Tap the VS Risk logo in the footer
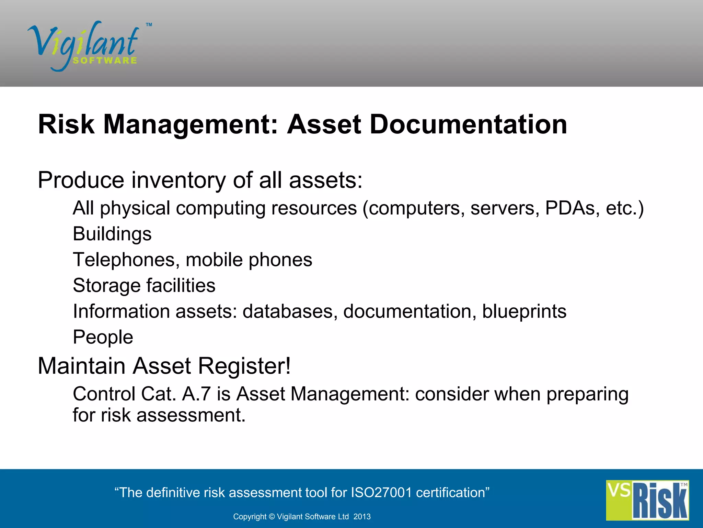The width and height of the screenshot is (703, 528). point(647,500)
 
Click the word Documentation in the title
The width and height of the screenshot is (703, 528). point(468,124)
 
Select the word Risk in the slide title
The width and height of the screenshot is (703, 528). point(66,124)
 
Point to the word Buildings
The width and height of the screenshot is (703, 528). point(112,234)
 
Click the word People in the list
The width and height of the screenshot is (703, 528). point(103,337)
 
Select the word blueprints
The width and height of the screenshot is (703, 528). point(524,311)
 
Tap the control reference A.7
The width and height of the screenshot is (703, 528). point(196,394)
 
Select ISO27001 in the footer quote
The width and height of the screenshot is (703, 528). point(381,493)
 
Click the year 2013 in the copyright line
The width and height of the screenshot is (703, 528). point(362,517)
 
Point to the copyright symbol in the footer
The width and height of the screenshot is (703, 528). point(272,517)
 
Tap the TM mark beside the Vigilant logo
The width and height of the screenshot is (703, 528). point(149,25)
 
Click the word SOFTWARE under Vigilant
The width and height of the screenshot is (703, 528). point(105,60)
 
